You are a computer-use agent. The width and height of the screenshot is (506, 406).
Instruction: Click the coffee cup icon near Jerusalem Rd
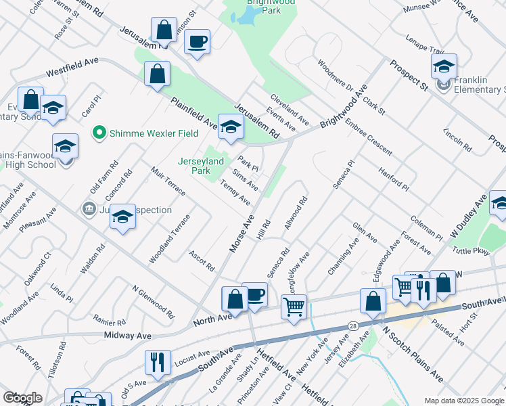click(x=198, y=42)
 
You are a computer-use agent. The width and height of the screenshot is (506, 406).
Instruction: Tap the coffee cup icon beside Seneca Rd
click(x=254, y=295)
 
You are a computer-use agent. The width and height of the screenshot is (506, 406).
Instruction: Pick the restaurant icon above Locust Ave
click(x=158, y=362)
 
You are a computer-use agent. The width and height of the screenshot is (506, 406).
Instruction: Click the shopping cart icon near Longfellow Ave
click(x=294, y=307)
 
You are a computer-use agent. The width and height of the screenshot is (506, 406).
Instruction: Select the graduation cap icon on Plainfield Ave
click(x=231, y=127)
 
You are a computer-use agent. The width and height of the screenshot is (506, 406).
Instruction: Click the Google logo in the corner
click(x=22, y=398)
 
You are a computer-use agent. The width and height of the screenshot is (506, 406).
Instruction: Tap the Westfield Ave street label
click(x=72, y=67)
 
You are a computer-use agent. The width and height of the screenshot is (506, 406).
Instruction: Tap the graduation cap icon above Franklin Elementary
click(x=444, y=66)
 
